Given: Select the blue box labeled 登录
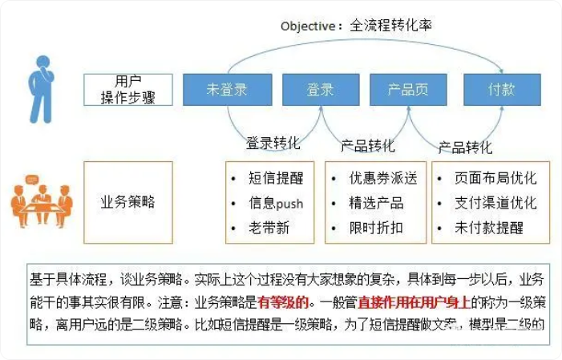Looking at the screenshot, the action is tap(319, 90).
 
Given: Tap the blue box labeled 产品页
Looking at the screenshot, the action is tap(407, 90).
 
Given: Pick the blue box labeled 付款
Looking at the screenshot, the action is tap(501, 90).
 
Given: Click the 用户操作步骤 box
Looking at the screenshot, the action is tap(127, 90).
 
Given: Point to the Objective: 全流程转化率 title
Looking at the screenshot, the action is tap(356, 25).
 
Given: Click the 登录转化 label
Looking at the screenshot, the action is tap(273, 144).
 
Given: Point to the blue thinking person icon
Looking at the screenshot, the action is tap(42, 86).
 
